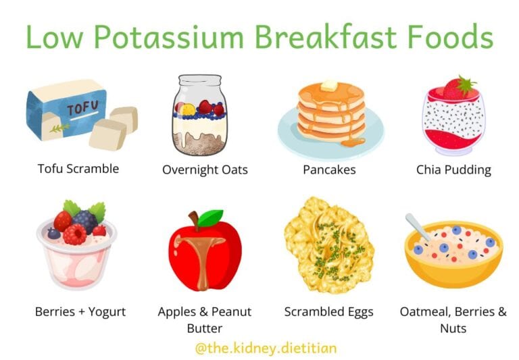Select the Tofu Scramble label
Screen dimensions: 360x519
(x=78, y=168)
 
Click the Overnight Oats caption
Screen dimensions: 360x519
(x=205, y=170)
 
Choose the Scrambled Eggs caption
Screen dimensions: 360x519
(x=328, y=312)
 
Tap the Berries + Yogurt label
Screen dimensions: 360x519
(x=80, y=312)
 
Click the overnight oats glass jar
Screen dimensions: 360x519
(x=199, y=115)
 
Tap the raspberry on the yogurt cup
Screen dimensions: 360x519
(x=74, y=234)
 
